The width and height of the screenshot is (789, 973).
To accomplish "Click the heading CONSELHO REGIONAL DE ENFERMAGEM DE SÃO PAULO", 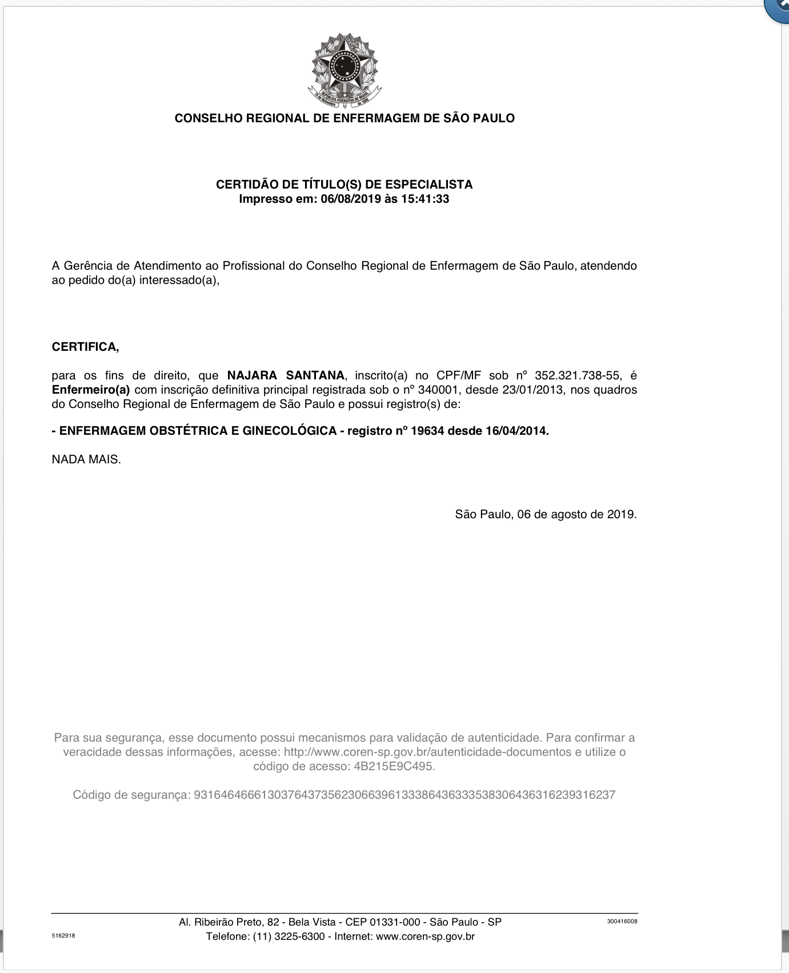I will [x=345, y=118].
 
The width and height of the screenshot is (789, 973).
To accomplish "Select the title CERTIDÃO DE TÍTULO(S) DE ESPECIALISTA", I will [x=344, y=185].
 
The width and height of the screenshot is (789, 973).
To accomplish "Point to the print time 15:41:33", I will [x=425, y=199].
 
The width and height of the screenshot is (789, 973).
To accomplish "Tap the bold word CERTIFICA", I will [x=85, y=347].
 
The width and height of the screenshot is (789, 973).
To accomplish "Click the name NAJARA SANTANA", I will [x=286, y=375].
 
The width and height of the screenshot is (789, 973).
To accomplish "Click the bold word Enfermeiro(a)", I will [x=91, y=390].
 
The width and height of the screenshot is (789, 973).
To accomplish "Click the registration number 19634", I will [x=427, y=431].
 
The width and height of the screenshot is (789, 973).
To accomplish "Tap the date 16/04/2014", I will [x=516, y=431].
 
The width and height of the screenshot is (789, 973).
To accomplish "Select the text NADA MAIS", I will [x=86, y=459].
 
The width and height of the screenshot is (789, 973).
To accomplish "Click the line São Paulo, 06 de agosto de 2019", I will [x=546, y=514].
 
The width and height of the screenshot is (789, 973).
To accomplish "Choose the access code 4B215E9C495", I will [x=394, y=766].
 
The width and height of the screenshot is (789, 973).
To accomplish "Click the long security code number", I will [x=404, y=795].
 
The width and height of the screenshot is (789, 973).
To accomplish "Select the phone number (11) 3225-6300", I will [x=289, y=936].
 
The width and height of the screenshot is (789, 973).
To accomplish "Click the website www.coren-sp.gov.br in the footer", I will [x=425, y=936].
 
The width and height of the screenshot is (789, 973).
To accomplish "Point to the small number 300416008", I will [x=622, y=921].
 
